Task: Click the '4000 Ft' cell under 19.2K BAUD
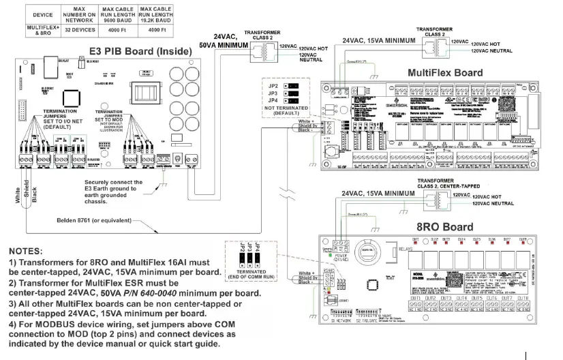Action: (x=157, y=31)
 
